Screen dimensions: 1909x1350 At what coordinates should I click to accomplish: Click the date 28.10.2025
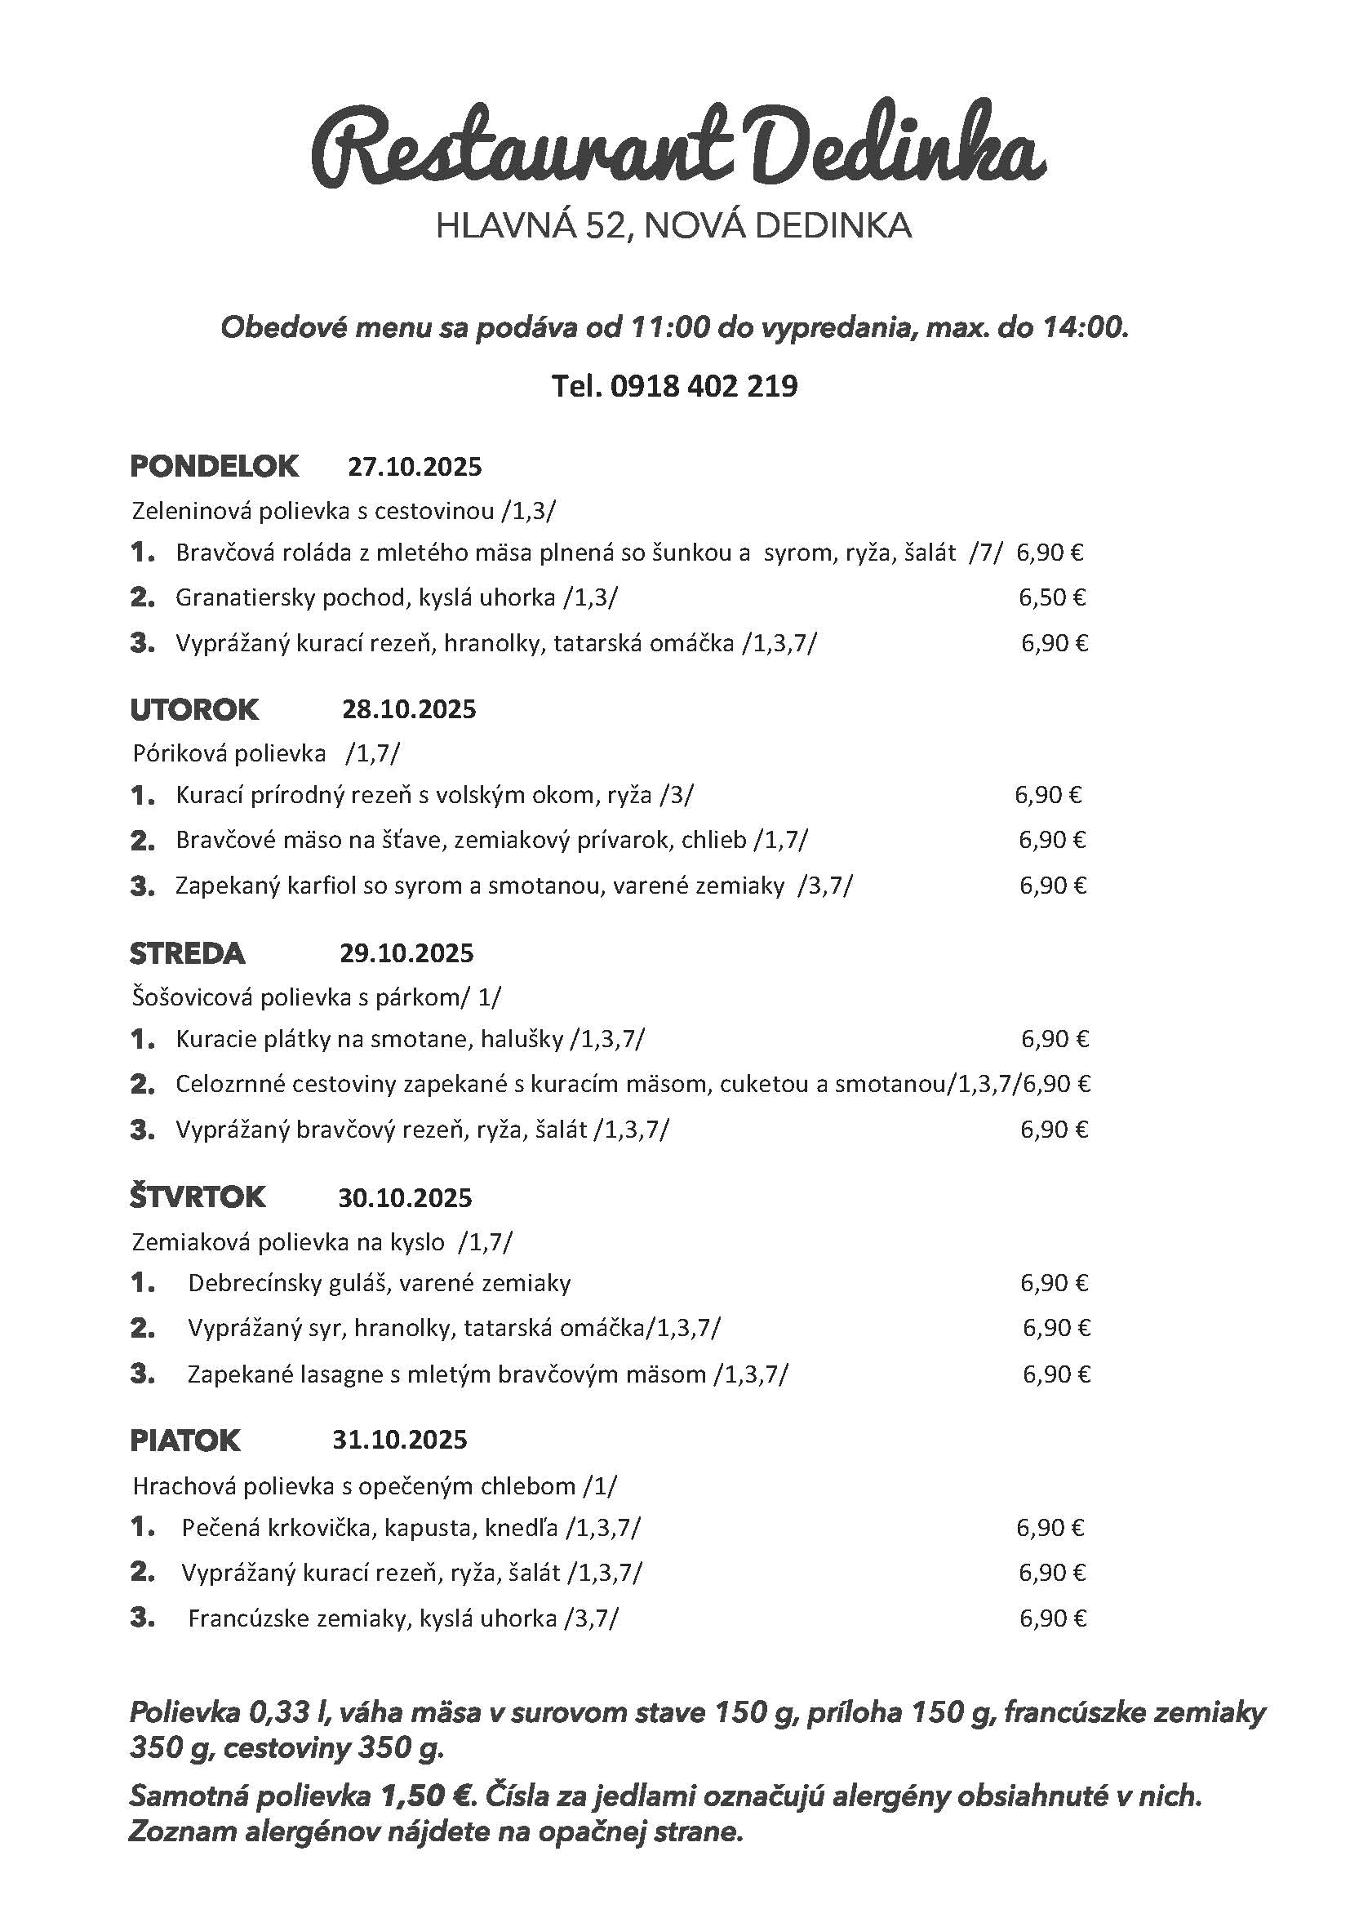(409, 709)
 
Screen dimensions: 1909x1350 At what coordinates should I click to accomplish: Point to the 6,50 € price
(1051, 597)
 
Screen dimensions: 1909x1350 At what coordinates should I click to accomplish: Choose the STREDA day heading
(187, 953)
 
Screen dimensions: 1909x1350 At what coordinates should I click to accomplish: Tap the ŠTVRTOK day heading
(197, 1197)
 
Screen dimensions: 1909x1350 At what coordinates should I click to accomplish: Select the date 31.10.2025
(400, 1439)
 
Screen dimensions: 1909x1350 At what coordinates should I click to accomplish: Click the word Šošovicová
(192, 996)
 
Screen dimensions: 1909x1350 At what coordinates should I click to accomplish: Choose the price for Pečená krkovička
(1050, 1527)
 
